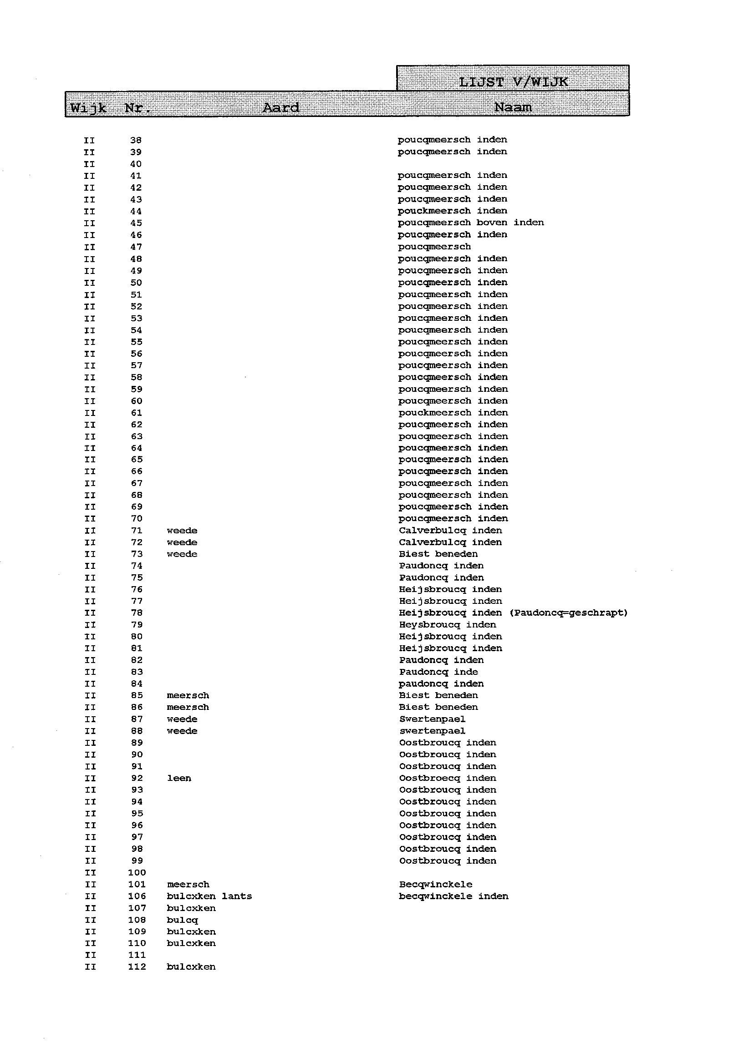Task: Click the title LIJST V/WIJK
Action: (x=513, y=82)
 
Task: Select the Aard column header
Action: (x=281, y=108)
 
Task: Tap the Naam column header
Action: (x=513, y=108)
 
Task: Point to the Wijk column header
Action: (x=88, y=109)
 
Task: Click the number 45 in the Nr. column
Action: (x=136, y=223)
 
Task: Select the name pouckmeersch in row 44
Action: (x=434, y=211)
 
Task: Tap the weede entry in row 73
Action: (x=182, y=554)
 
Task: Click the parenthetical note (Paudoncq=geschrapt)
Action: (x=568, y=613)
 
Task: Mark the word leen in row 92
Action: (x=179, y=778)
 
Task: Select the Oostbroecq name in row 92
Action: (x=429, y=778)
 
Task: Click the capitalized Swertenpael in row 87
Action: (x=432, y=719)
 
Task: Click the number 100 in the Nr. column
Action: (x=137, y=873)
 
